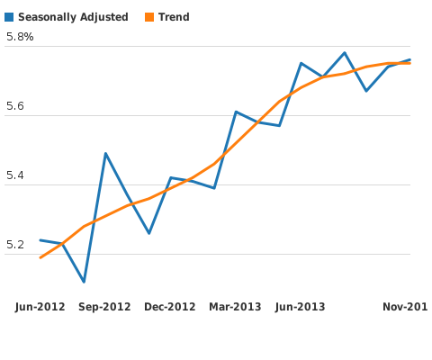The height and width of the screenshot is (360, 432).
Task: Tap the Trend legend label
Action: [x=174, y=17]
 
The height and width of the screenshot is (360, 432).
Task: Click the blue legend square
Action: [x=9, y=17]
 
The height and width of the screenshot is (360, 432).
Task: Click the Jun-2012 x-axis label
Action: [x=40, y=307]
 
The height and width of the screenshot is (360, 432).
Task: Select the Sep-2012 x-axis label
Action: [x=104, y=307]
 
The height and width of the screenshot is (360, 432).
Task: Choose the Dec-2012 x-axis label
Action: [x=170, y=307]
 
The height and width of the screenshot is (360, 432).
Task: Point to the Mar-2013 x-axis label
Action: [x=235, y=307]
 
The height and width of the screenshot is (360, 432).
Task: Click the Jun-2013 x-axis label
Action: [x=300, y=307]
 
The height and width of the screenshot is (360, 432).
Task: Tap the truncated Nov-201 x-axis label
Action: [x=404, y=307]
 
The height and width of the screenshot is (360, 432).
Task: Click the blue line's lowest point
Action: [x=84, y=282]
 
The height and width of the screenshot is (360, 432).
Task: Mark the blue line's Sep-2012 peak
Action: [x=105, y=153]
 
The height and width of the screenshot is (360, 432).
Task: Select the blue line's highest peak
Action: [x=345, y=53]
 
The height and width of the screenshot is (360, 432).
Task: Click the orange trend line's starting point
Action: [x=40, y=257]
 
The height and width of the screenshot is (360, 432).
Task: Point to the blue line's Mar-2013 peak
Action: [x=236, y=112]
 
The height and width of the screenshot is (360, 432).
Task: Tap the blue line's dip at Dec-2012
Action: [x=148, y=233]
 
